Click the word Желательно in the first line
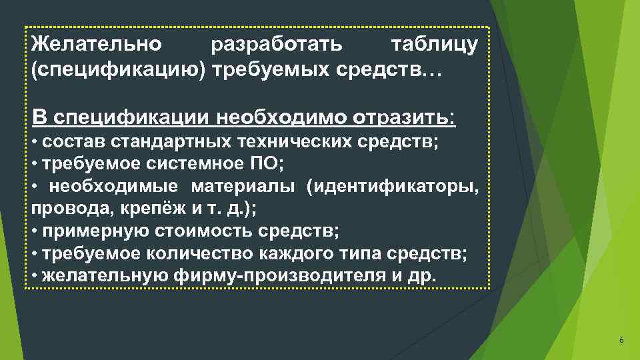tap(96, 45)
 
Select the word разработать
tap(277, 45)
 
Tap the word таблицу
tap(434, 45)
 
